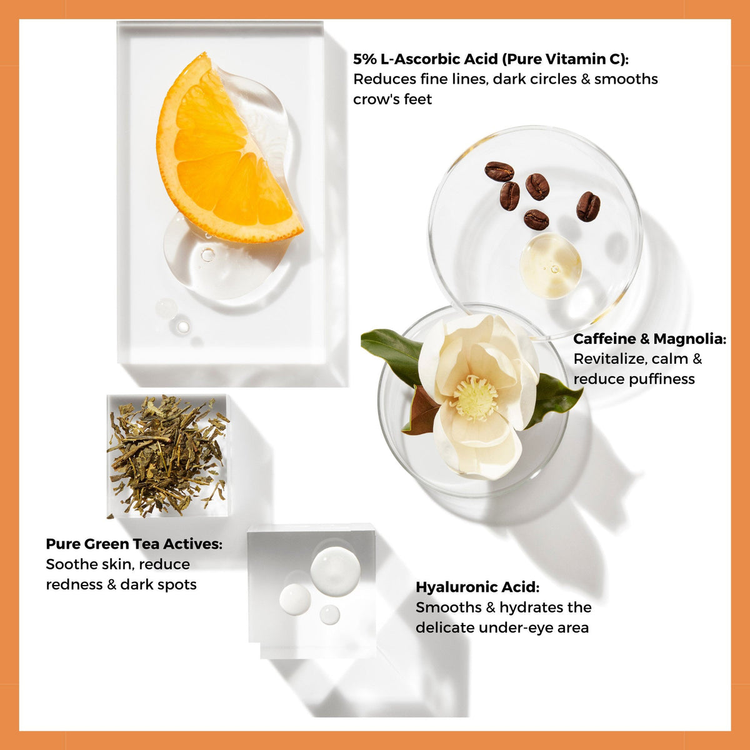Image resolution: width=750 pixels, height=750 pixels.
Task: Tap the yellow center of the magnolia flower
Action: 476,397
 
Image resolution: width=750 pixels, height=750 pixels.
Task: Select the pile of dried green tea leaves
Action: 168,456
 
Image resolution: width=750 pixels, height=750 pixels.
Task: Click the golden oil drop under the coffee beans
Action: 551,266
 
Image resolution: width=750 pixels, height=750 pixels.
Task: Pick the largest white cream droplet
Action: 336,571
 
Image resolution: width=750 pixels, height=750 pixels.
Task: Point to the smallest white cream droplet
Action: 329,614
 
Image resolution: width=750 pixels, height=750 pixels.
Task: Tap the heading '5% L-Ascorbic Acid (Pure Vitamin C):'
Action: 491,59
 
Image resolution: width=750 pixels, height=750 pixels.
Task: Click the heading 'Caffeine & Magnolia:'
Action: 649,339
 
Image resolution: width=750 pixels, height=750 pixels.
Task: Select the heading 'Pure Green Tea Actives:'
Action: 134,544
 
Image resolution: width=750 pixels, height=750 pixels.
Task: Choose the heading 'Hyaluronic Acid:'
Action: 477,587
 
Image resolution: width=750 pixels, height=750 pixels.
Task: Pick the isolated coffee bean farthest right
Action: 588,206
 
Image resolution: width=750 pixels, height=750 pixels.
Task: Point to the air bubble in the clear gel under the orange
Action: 207,254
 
